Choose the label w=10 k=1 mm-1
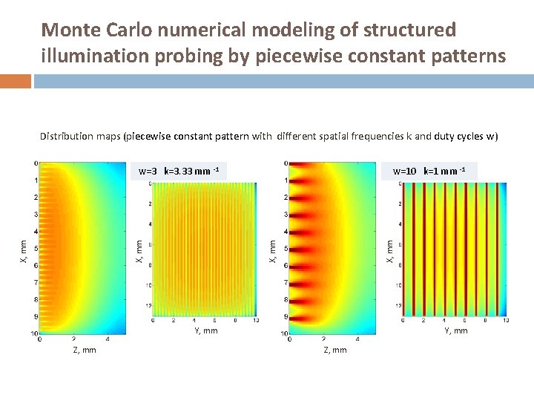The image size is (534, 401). click(429, 172)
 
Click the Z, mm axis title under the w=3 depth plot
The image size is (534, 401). click(84, 350)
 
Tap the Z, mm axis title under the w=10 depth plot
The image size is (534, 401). click(334, 350)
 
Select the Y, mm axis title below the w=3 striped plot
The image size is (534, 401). click(205, 330)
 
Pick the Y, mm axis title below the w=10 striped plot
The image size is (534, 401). click(455, 330)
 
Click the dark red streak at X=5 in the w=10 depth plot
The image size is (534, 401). click(306, 250)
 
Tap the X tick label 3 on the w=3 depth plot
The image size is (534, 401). click(34, 215)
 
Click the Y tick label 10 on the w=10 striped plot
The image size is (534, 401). click(505, 320)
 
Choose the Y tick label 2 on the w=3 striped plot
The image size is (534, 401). click(174, 320)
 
